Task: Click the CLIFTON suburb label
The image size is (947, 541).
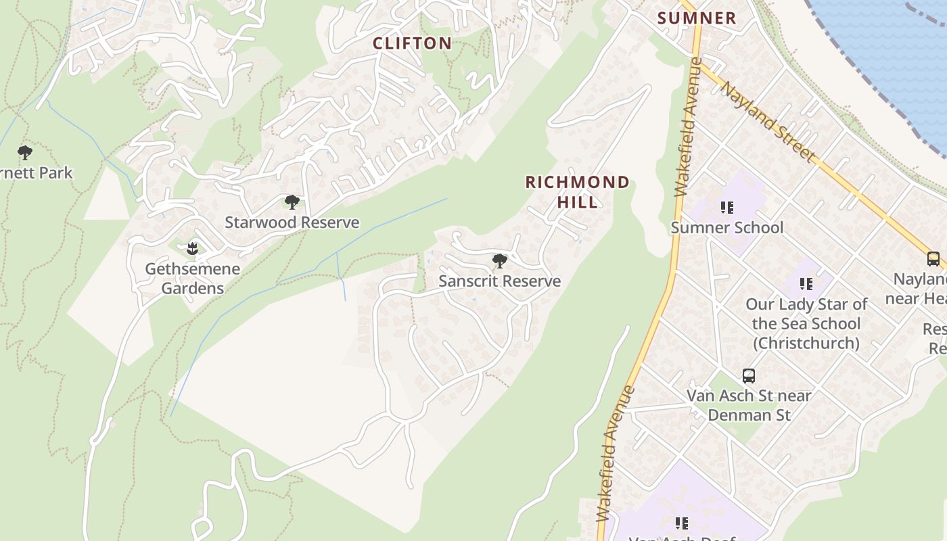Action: click(x=412, y=43)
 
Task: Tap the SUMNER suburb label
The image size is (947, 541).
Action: click(x=697, y=18)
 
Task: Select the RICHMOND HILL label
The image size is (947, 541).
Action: click(x=578, y=192)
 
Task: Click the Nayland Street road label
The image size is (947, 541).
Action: click(x=767, y=122)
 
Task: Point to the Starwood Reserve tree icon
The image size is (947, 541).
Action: click(x=292, y=202)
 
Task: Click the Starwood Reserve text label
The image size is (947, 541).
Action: click(x=292, y=222)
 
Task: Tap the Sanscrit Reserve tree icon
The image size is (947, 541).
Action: click(x=500, y=261)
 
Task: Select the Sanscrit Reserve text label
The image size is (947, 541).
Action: click(x=500, y=281)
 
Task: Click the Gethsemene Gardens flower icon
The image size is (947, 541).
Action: click(x=193, y=249)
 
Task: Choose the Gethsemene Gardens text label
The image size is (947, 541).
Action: click(x=193, y=279)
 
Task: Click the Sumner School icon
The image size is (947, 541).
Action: click(x=727, y=208)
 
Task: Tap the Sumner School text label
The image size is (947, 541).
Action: click(x=727, y=228)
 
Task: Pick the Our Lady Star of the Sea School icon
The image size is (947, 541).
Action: click(x=806, y=284)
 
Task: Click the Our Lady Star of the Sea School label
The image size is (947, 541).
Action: click(x=806, y=324)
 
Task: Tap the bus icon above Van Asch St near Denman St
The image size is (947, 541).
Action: click(x=749, y=376)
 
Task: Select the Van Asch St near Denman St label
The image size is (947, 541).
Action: click(x=749, y=405)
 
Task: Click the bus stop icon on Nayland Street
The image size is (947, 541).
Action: click(x=933, y=259)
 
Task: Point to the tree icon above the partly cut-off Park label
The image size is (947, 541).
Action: click(x=25, y=153)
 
